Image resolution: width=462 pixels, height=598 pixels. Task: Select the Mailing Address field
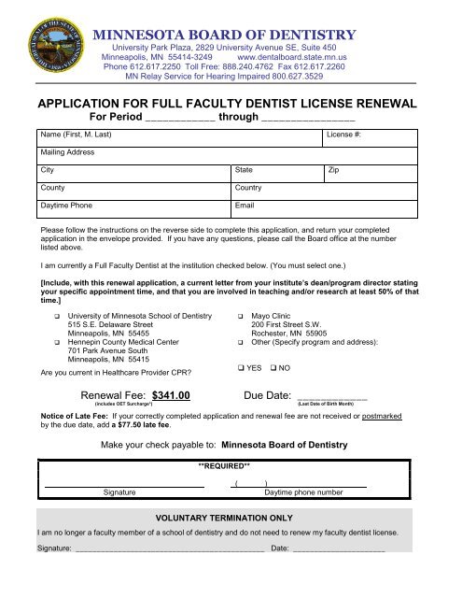click(224, 152)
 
